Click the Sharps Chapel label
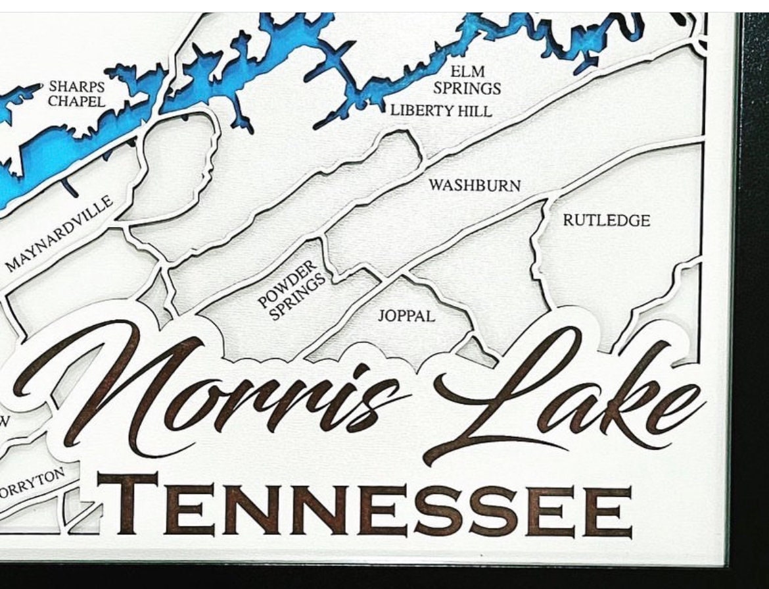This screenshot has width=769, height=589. (x=77, y=94)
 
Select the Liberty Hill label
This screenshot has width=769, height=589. (x=440, y=111)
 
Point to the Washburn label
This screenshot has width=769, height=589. (x=475, y=186)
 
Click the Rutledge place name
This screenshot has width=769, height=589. (x=606, y=220)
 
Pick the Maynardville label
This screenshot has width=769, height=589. (x=60, y=234)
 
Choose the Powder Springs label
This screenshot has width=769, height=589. (x=291, y=290)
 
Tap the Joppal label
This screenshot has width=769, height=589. (x=406, y=316)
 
